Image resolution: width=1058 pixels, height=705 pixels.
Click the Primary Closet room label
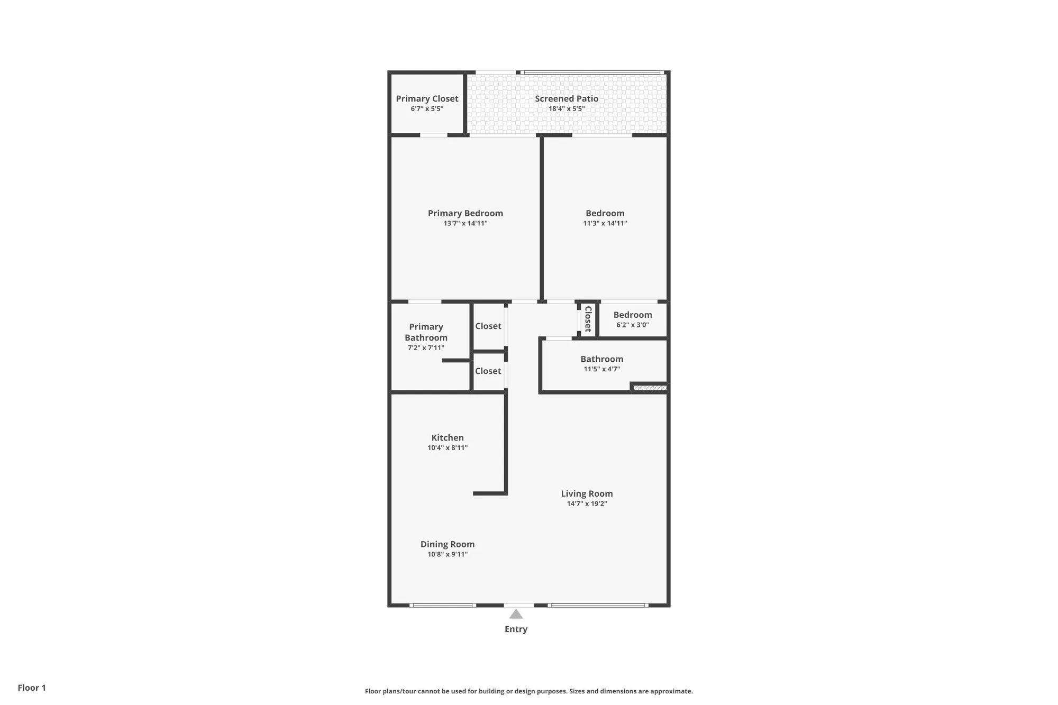(x=427, y=99)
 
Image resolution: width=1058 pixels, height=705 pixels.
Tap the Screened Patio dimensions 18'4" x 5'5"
(x=566, y=109)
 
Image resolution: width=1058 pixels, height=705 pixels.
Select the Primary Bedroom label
(x=465, y=213)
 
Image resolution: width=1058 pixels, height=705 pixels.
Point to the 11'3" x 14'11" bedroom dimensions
(x=605, y=223)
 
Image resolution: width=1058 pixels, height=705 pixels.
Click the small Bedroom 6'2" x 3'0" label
(x=632, y=315)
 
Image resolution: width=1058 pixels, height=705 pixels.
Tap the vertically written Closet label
(x=588, y=319)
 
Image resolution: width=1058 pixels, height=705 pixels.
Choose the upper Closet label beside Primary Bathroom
(x=488, y=326)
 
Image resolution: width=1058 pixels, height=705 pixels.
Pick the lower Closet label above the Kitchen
(x=488, y=371)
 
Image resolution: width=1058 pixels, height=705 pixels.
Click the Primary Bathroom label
(x=426, y=332)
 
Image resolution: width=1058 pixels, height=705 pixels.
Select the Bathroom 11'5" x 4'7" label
(x=601, y=359)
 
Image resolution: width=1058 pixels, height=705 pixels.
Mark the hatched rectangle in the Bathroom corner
(x=650, y=388)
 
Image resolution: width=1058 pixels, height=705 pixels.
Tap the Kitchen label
(x=447, y=438)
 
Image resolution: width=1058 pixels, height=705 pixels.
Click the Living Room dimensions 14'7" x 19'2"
(x=587, y=503)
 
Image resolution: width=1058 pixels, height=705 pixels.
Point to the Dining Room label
(x=447, y=544)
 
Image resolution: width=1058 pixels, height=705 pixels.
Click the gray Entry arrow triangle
(x=516, y=615)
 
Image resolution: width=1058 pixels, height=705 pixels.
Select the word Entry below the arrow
(x=516, y=629)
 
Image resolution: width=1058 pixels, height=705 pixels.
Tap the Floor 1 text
(x=32, y=688)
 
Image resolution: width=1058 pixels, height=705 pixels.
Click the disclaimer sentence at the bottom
(x=528, y=691)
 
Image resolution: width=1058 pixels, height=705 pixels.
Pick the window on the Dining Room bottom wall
(x=443, y=605)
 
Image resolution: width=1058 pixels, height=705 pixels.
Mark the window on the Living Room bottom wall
(x=598, y=605)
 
